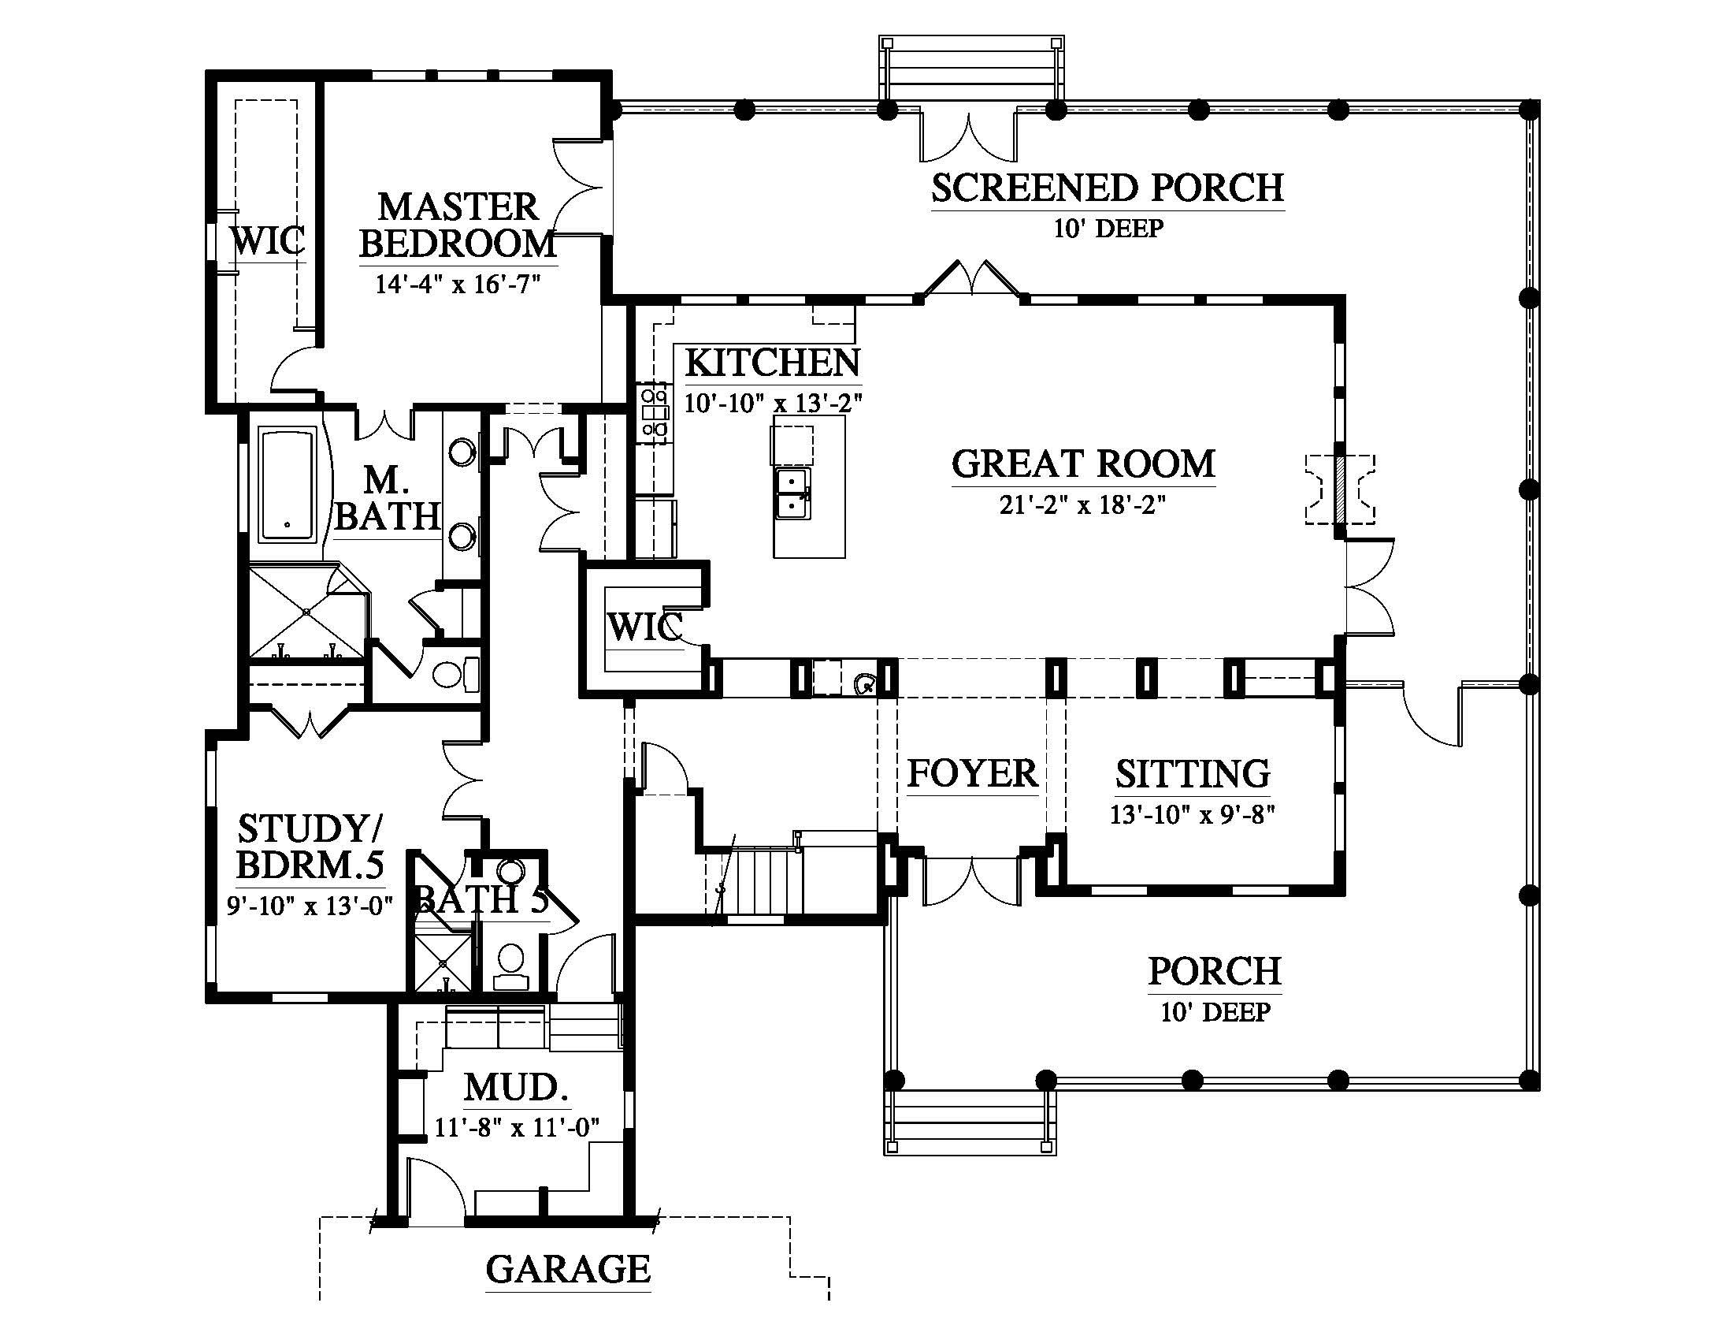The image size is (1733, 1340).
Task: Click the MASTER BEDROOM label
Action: [x=458, y=225]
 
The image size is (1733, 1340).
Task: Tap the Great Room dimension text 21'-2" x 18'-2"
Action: [x=1082, y=505]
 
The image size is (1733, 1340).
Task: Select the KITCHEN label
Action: [x=772, y=363]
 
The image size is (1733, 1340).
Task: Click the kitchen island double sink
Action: [x=793, y=493]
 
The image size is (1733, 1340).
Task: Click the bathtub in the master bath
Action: [x=288, y=485]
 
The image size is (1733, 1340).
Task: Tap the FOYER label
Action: [x=972, y=773]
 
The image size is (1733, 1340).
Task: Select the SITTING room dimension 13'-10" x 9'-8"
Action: [x=1192, y=815]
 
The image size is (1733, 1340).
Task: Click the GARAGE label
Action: [x=567, y=1269]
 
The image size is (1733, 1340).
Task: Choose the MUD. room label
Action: [x=516, y=1088]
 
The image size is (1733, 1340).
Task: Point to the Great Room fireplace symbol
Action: [x=1340, y=489]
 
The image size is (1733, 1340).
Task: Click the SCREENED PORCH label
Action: [x=1107, y=188]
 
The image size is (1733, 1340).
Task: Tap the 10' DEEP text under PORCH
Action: [x=1215, y=1012]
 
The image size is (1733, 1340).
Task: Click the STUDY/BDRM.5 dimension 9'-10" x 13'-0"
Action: [x=310, y=906]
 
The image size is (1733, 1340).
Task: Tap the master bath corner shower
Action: [x=306, y=610]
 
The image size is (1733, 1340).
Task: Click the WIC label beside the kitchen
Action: [x=644, y=627]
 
